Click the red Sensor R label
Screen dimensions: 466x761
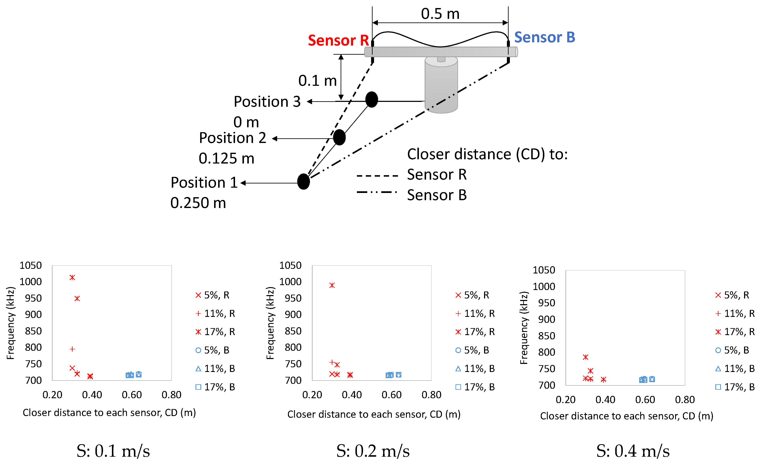point(338,40)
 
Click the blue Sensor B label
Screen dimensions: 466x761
point(545,37)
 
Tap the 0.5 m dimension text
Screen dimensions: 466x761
point(440,14)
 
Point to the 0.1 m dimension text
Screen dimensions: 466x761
point(317,81)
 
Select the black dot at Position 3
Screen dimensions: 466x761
point(372,100)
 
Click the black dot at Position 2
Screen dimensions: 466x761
point(339,137)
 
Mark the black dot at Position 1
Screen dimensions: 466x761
point(303,182)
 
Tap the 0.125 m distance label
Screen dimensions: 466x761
point(226,158)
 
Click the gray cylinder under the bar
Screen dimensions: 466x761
point(441,85)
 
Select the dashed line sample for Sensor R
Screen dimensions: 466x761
point(377,176)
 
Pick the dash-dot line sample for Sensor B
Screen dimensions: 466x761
point(377,192)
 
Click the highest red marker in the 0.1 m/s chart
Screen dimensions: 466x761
point(72,277)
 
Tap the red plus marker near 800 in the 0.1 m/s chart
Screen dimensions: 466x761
point(72,349)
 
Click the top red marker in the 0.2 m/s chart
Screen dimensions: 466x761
point(332,285)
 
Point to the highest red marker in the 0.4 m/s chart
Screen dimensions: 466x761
point(585,357)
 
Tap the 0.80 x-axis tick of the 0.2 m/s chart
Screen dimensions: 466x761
point(431,395)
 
